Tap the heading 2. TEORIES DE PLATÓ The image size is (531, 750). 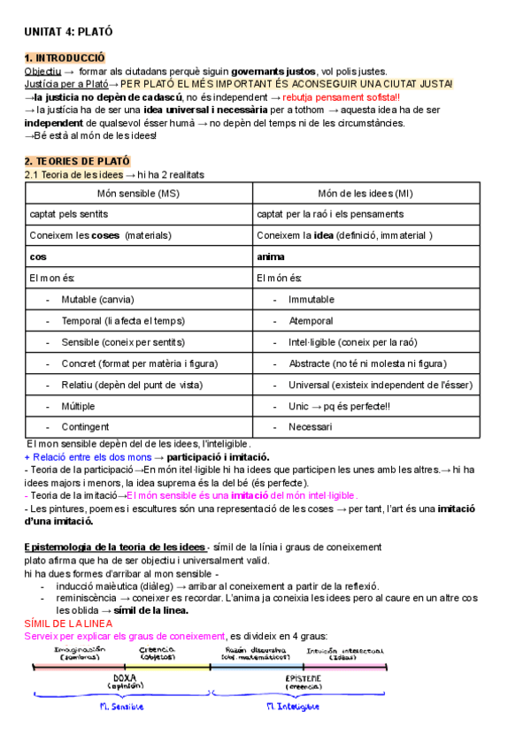click(77, 162)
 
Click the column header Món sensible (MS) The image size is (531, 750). click(138, 194)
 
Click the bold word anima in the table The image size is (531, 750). click(271, 256)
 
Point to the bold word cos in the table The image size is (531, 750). click(38, 256)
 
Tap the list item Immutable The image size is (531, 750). click(311, 299)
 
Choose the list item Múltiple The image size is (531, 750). click(79, 405)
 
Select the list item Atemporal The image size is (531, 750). click(311, 320)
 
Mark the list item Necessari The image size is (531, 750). click(310, 426)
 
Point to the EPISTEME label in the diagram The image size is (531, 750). click(303, 677)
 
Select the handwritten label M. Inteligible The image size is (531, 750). click(303, 707)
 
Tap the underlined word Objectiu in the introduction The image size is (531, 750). click(42, 71)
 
